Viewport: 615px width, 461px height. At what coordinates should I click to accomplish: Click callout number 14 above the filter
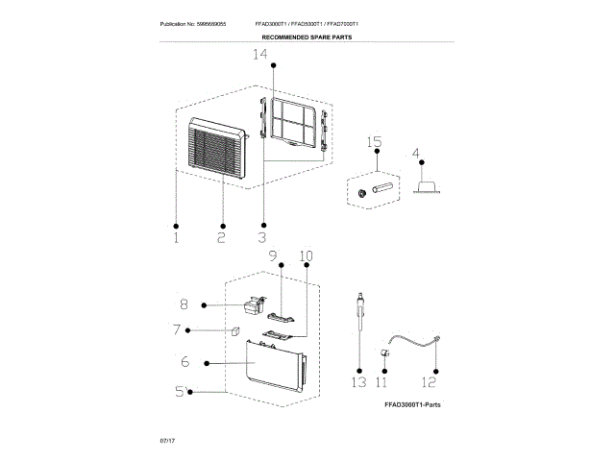[x=259, y=56]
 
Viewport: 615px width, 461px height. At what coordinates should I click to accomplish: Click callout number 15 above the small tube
[x=375, y=143]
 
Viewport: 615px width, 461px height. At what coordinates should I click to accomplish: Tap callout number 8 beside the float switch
[x=184, y=305]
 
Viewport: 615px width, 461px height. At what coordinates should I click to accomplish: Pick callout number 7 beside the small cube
[x=177, y=331]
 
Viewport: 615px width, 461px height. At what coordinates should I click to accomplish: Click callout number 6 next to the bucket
[x=183, y=362]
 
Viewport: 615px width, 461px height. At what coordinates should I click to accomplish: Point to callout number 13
[x=358, y=381]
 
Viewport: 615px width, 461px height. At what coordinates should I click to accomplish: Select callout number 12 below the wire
[x=432, y=381]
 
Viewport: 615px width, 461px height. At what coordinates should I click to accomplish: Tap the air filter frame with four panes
[x=294, y=124]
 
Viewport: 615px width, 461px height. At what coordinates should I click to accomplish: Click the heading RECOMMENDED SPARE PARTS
[x=307, y=37]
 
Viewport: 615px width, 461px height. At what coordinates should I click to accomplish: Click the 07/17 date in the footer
[x=167, y=438]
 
